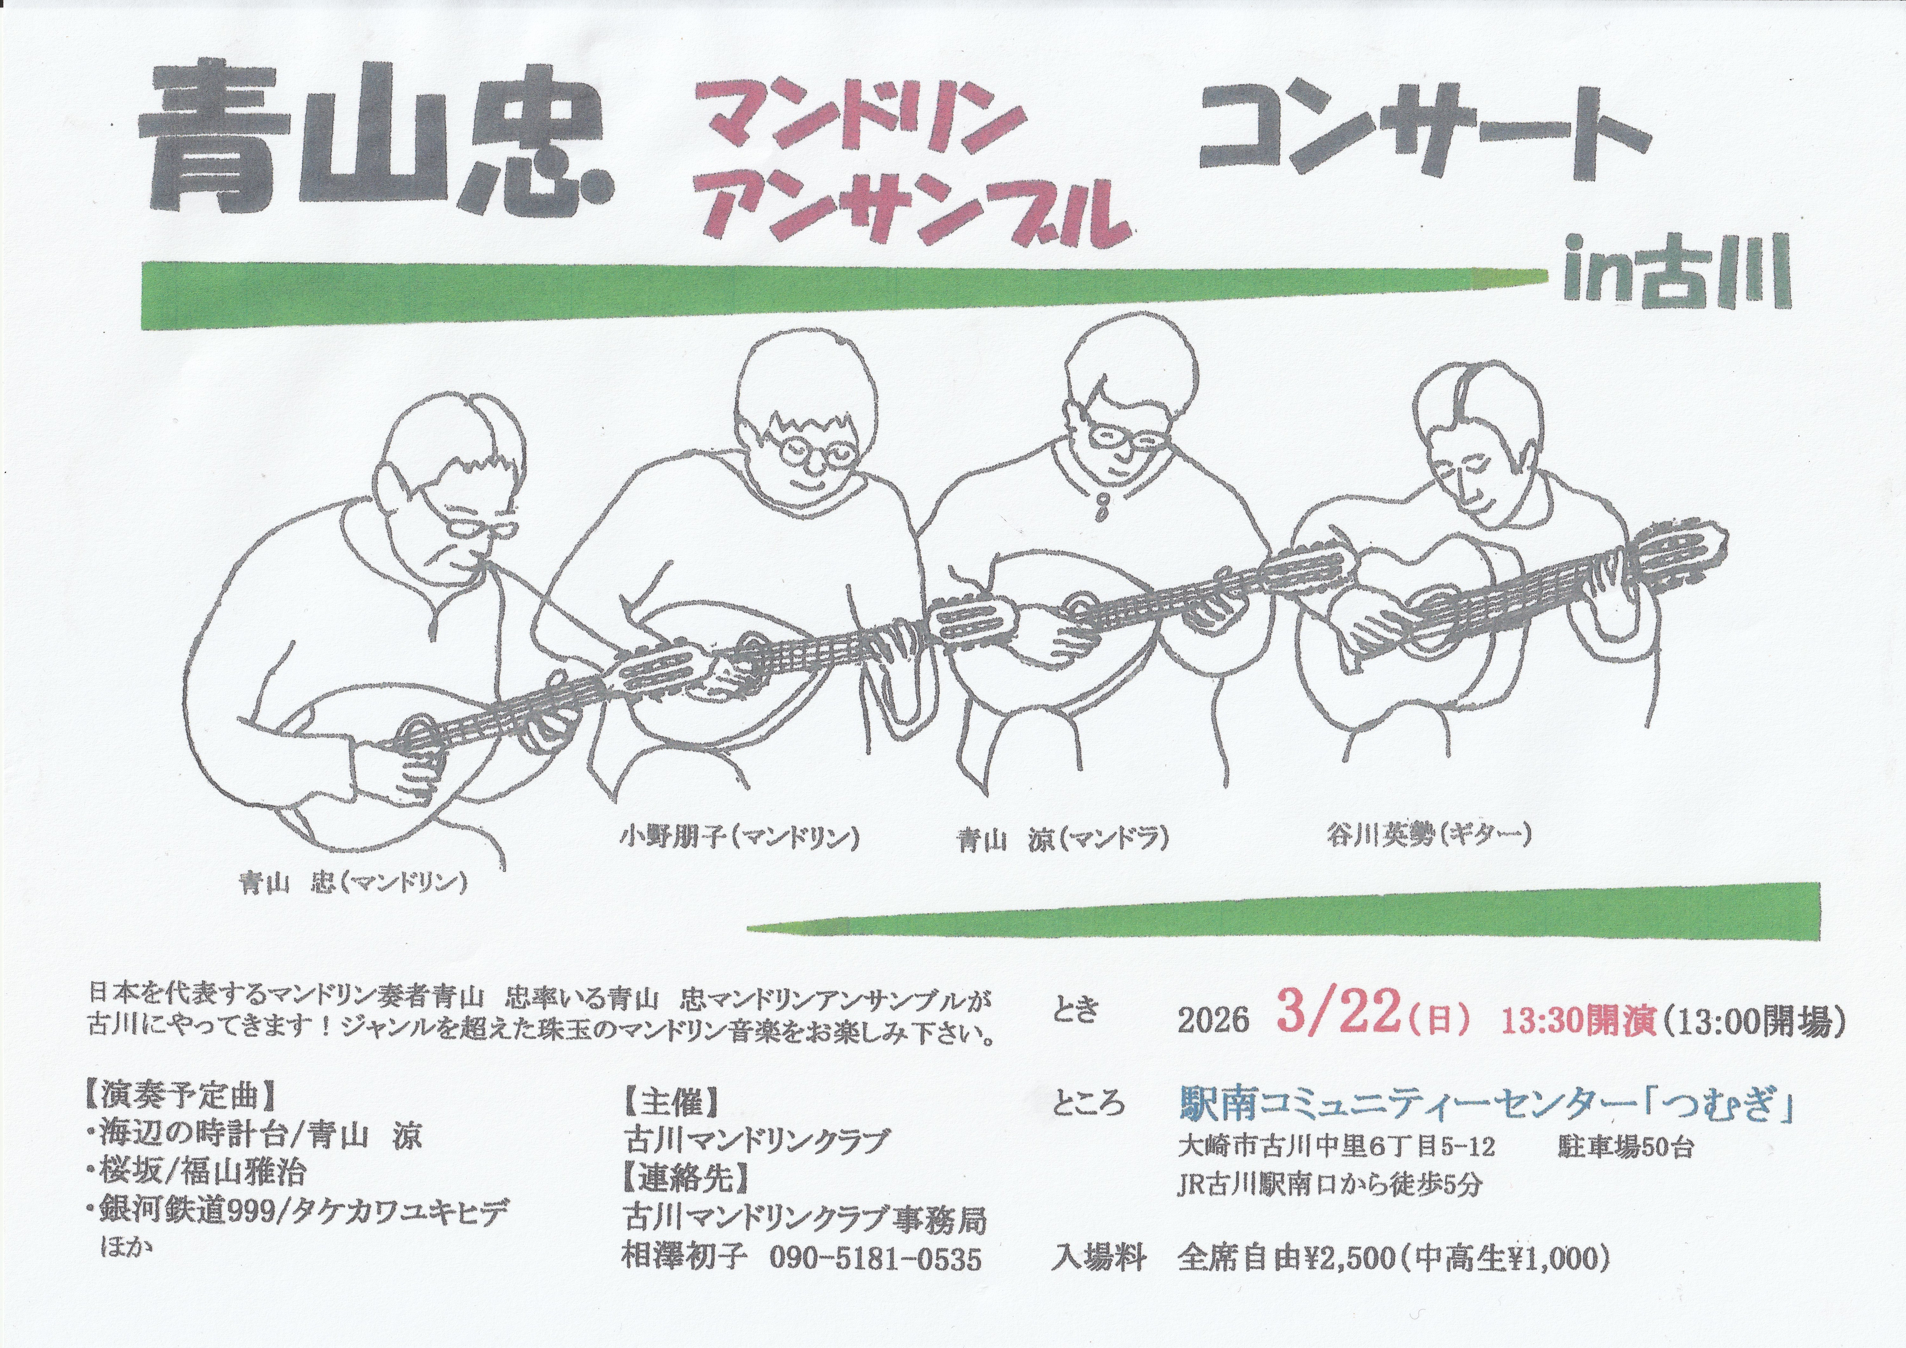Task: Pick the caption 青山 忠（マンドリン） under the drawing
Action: click(354, 883)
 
